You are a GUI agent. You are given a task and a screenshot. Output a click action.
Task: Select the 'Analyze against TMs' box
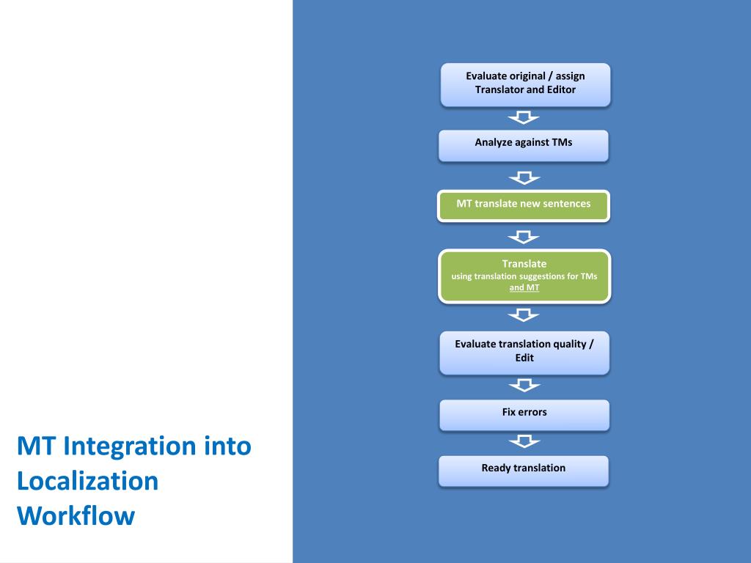(x=523, y=145)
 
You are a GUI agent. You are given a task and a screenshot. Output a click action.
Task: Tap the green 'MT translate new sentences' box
(x=523, y=205)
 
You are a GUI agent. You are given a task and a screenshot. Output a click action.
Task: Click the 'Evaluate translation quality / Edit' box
(x=524, y=353)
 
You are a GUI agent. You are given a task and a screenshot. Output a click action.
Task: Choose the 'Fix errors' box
(x=524, y=414)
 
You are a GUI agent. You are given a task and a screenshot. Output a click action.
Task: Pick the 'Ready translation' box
(x=523, y=471)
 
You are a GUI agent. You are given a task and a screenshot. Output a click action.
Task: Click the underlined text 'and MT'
(x=524, y=288)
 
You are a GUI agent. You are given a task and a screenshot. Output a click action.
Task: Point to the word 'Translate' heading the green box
(x=524, y=263)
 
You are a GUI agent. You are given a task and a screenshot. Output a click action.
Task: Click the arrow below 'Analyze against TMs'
(x=524, y=177)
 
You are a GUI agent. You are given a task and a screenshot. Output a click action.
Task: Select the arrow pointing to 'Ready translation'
(x=524, y=441)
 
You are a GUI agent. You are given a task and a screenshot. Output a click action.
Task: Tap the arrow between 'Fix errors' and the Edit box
(x=524, y=385)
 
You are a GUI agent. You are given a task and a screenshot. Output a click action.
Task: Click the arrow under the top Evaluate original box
(x=524, y=117)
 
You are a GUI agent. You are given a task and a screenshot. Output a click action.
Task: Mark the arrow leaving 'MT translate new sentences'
(x=524, y=236)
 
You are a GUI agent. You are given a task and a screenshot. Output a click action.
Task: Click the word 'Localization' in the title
(x=87, y=481)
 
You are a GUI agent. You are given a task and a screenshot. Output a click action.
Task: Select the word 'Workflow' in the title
(x=76, y=515)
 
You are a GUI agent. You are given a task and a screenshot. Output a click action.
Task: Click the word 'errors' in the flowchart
(x=533, y=412)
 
